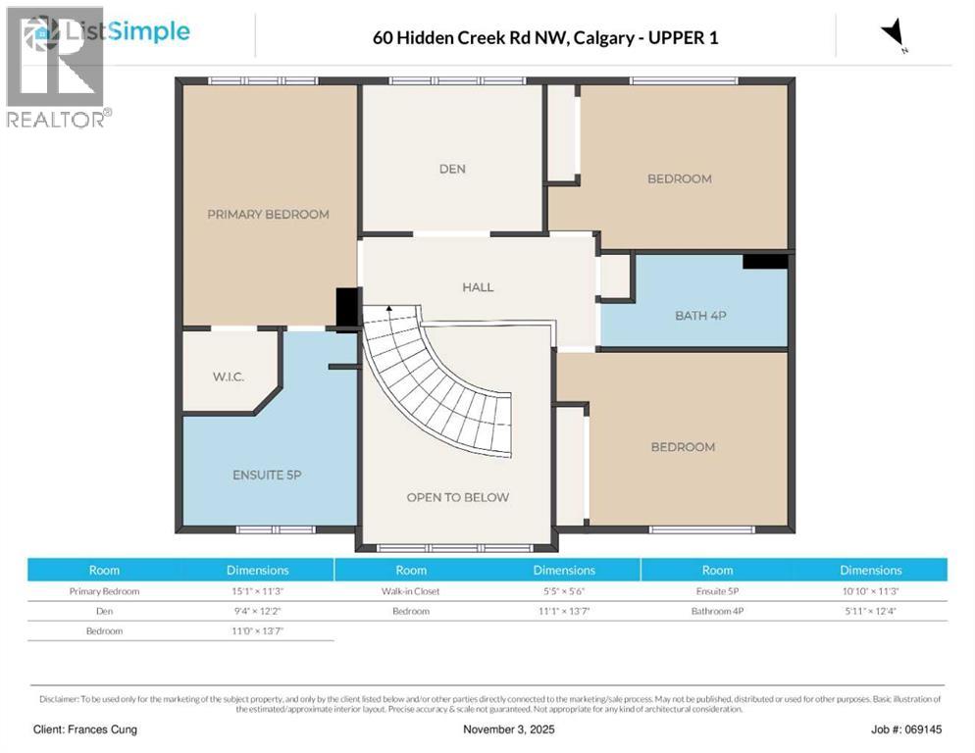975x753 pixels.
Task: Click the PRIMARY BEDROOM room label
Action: pos(268,214)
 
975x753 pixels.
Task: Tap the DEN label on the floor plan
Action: pos(452,169)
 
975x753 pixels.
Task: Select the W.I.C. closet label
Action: pos(228,376)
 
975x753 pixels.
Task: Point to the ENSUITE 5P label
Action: pos(267,475)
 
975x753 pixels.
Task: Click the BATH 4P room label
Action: pos(700,315)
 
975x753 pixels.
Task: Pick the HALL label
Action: pos(478,287)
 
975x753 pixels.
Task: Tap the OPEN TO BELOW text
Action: pos(458,497)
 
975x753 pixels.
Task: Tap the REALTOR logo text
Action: pos(57,120)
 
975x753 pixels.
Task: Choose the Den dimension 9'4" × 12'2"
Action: pos(258,611)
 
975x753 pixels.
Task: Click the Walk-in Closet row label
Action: pos(411,591)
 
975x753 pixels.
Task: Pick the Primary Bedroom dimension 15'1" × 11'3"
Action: pos(258,591)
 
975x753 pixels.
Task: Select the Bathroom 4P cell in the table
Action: pos(717,611)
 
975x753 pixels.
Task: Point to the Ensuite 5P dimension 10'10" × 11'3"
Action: pos(870,591)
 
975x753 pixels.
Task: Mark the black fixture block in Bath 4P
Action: pos(765,261)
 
